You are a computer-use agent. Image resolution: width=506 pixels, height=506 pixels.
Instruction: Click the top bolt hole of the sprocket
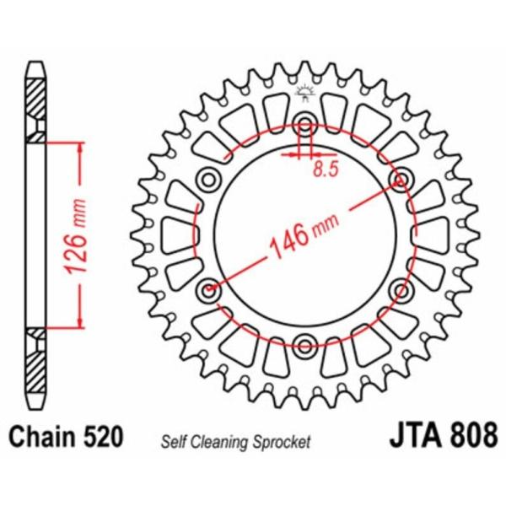pos(305,118)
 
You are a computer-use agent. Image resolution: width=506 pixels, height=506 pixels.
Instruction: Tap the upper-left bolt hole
pos(207,178)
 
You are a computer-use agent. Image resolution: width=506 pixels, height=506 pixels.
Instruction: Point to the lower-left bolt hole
pos(207,290)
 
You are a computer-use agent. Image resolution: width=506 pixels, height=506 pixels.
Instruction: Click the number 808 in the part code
pos(472,438)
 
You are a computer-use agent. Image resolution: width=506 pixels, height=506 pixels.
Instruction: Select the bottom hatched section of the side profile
pos(35,358)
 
